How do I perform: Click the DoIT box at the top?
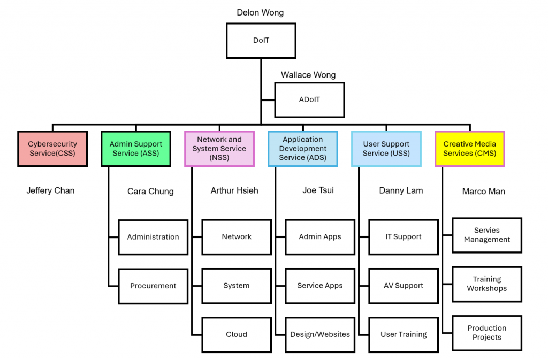[261, 40]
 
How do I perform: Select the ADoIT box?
[309, 100]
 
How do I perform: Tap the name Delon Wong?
[260, 12]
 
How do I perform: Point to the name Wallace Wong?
[308, 75]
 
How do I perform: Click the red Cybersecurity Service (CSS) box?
[52, 149]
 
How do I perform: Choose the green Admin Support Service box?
[136, 149]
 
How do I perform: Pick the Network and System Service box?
[219, 149]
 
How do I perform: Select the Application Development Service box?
[303, 149]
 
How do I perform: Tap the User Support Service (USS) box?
[386, 149]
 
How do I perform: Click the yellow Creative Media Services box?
[470, 149]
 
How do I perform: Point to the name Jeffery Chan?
[50, 190]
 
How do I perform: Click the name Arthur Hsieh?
[234, 190]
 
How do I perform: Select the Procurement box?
[153, 286]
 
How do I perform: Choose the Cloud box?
[237, 334]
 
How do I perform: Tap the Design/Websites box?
[320, 334]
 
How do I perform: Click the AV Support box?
[404, 286]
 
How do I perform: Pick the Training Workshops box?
[487, 284]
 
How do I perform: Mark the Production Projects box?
[487, 333]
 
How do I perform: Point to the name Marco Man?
[484, 192]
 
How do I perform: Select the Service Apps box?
[320, 286]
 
